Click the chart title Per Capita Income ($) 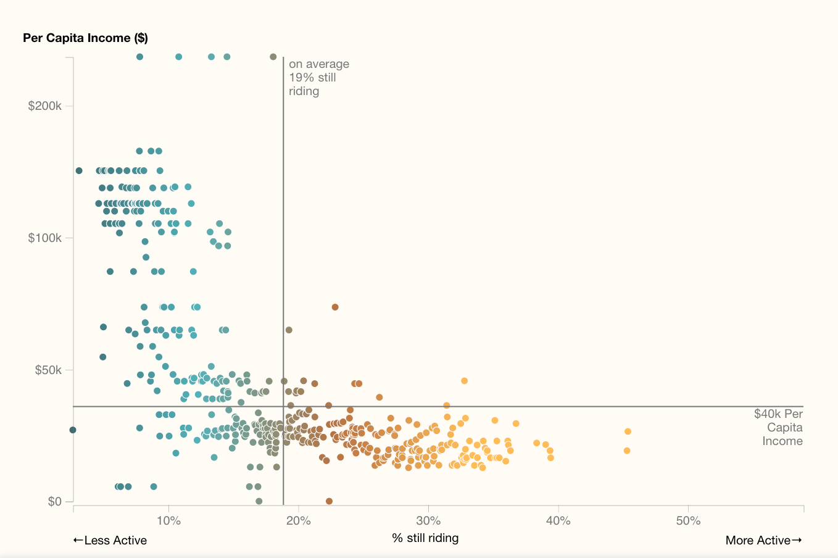point(85,38)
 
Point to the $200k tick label point(45,106)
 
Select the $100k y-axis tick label point(45,238)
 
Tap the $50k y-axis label point(48,370)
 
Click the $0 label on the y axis point(54,501)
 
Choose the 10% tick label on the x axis point(168,520)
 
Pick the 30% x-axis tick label point(428,520)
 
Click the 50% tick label point(688,520)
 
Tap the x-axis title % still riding point(425,538)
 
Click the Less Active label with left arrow point(110,540)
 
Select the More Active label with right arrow point(763,540)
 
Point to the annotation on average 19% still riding point(318,77)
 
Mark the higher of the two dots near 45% point(628,431)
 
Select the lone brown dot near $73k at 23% point(335,307)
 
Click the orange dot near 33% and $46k point(464,381)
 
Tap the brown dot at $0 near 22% point(329,501)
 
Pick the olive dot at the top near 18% point(273,57)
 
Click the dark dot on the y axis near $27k point(73,430)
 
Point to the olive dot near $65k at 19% point(289,330)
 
